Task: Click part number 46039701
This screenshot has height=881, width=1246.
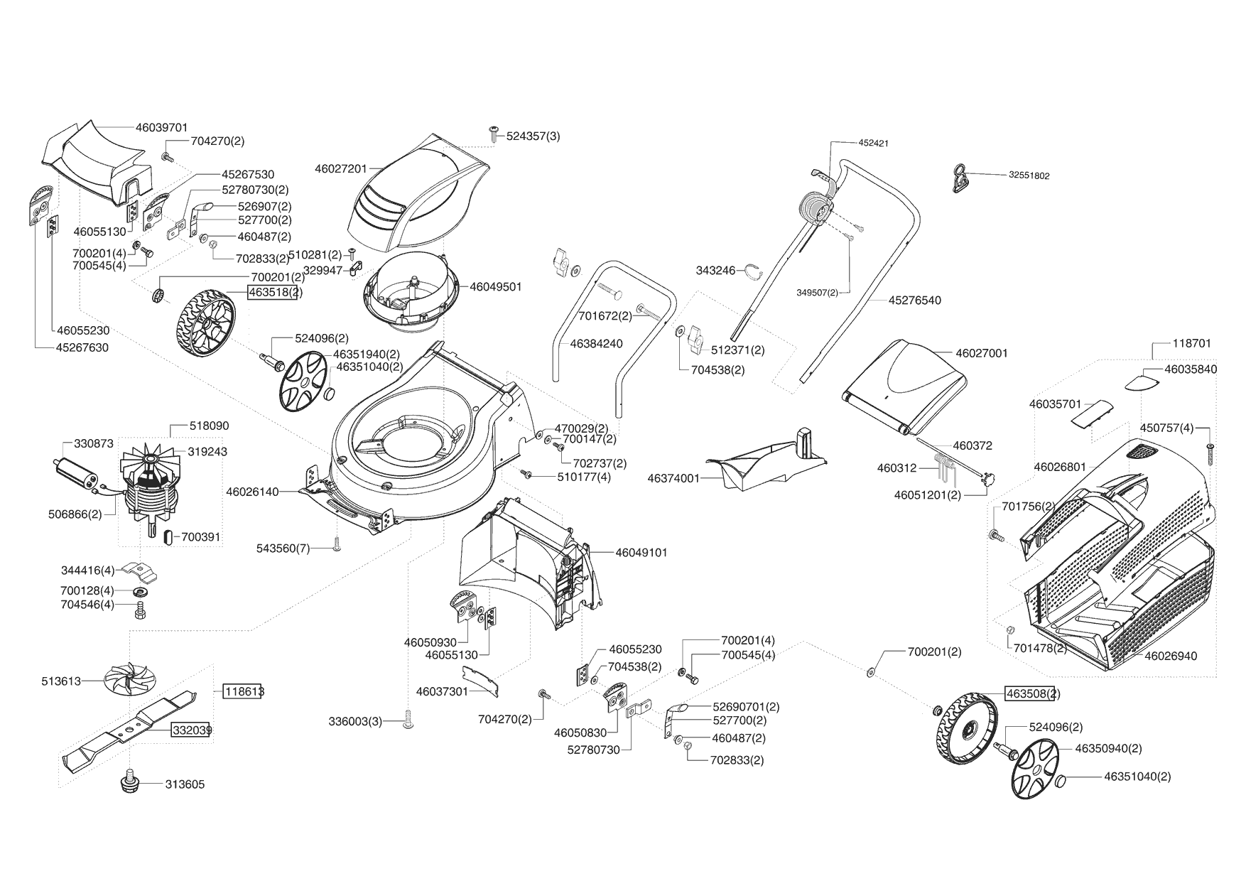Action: click(x=161, y=128)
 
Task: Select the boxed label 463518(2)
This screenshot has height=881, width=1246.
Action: click(x=272, y=292)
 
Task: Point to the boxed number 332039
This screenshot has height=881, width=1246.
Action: click(x=190, y=730)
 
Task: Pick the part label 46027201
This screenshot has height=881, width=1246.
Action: click(x=340, y=168)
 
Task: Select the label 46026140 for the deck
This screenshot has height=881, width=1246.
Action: click(x=252, y=491)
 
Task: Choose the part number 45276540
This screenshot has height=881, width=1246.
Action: click(x=914, y=301)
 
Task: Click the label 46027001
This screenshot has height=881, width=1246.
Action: click(x=981, y=353)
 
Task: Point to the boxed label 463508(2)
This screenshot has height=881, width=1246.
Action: click(x=1032, y=693)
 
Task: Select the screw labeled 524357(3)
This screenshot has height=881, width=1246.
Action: click(x=493, y=133)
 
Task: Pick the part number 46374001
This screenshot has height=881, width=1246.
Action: click(x=673, y=479)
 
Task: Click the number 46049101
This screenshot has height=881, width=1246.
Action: click(x=641, y=552)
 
